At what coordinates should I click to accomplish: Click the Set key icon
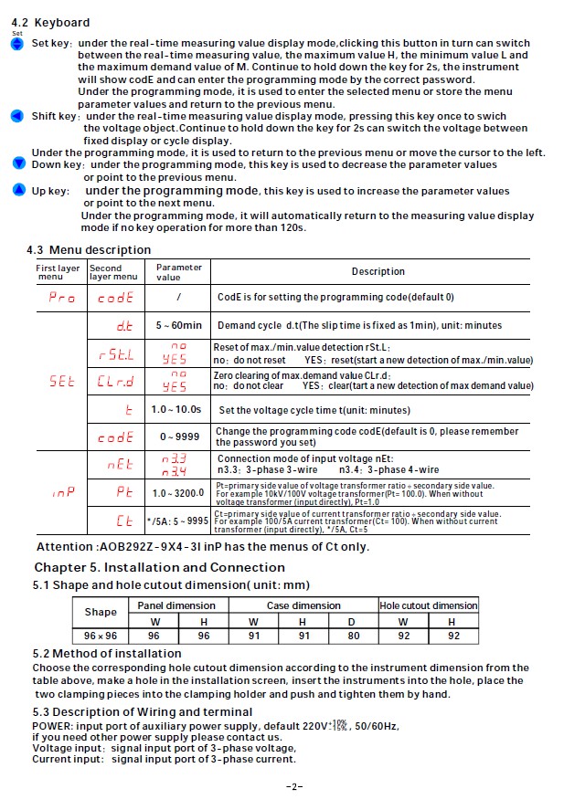click(16, 44)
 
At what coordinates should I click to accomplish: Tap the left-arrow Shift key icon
click(16, 117)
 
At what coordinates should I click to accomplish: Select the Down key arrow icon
click(18, 163)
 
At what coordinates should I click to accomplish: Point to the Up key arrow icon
click(19, 190)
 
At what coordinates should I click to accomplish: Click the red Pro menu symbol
click(61, 298)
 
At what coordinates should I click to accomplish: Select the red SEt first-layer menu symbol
click(61, 383)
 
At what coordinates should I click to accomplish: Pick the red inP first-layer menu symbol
click(61, 492)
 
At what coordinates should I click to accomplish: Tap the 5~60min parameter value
click(178, 325)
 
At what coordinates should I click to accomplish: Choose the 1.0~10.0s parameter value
click(178, 410)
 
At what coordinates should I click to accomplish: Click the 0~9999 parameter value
click(178, 437)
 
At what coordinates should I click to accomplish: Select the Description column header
click(378, 271)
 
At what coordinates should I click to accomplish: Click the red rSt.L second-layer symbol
click(116, 354)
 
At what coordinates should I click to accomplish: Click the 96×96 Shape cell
click(101, 636)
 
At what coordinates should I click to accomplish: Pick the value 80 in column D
click(354, 636)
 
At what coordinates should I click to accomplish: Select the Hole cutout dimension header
click(429, 605)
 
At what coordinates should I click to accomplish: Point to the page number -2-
click(293, 785)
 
